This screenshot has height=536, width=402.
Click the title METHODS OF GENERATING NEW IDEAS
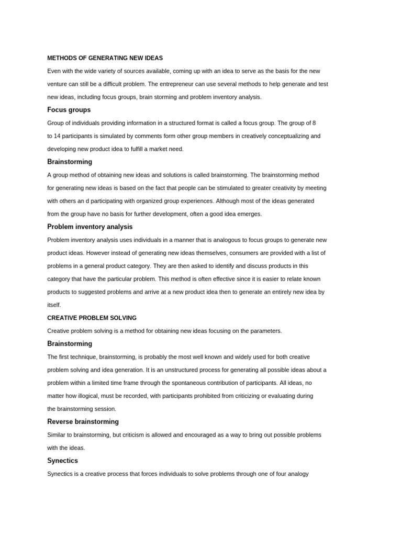105,58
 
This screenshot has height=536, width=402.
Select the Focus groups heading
69,110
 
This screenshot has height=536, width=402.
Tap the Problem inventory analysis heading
90,227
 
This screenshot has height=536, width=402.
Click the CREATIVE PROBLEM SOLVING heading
92,318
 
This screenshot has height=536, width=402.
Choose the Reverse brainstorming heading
83,421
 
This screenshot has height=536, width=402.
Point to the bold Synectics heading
62,461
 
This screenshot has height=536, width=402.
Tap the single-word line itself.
54,305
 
